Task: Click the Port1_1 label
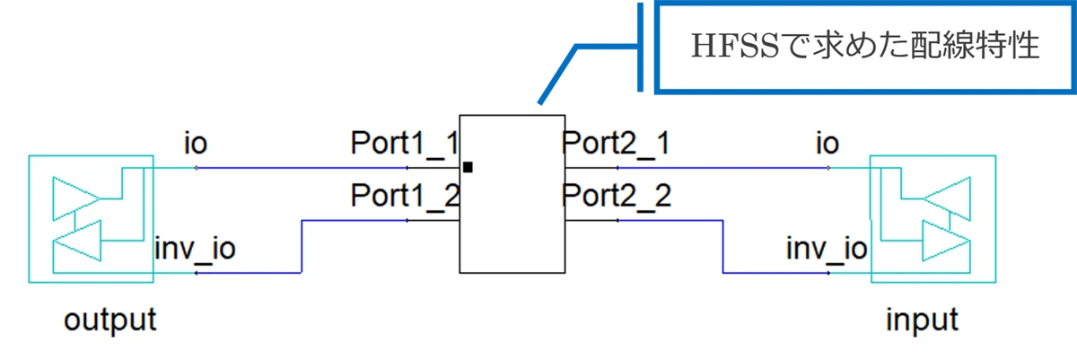coord(405,144)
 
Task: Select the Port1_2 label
coord(405,196)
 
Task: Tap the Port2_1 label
coord(616,144)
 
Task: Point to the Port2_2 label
coord(616,196)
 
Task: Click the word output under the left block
coord(110,320)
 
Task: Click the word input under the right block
coord(922,320)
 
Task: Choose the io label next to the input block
coord(827,144)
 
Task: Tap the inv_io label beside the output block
coord(196,248)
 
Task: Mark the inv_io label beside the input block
coord(827,248)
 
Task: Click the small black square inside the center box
coord(468,167)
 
